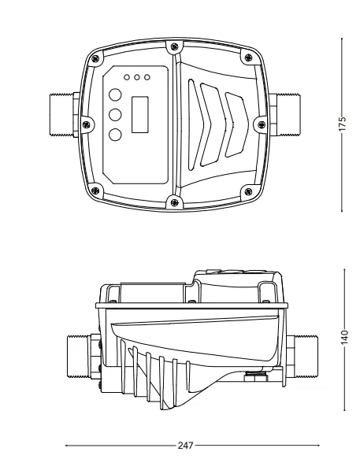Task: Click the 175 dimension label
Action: (x=343, y=123)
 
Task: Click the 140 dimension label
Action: (x=345, y=337)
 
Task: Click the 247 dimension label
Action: (x=185, y=446)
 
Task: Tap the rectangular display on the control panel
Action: (x=139, y=114)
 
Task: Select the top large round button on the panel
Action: (x=115, y=94)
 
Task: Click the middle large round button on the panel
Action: (x=115, y=115)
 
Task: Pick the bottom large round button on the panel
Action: (x=115, y=135)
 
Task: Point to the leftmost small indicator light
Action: (x=127, y=77)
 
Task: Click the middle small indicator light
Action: (x=137, y=77)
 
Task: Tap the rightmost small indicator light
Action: (x=147, y=77)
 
